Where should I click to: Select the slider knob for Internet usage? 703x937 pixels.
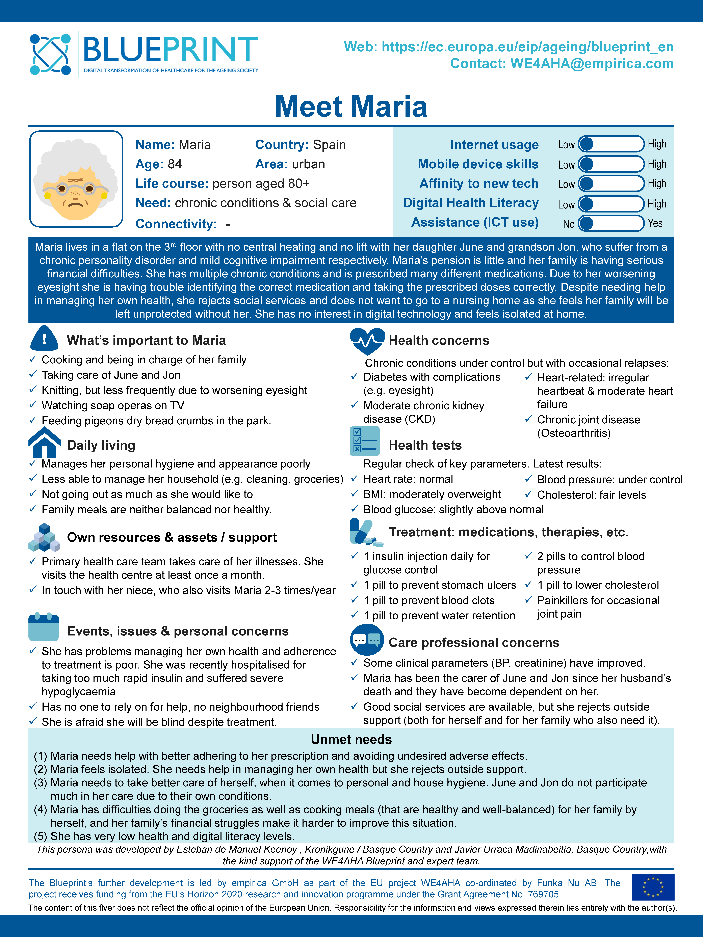point(587,144)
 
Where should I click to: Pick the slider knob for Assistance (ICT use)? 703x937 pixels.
point(587,223)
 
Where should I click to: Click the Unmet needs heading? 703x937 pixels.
point(351,739)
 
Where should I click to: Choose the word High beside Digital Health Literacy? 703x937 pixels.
point(656,204)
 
